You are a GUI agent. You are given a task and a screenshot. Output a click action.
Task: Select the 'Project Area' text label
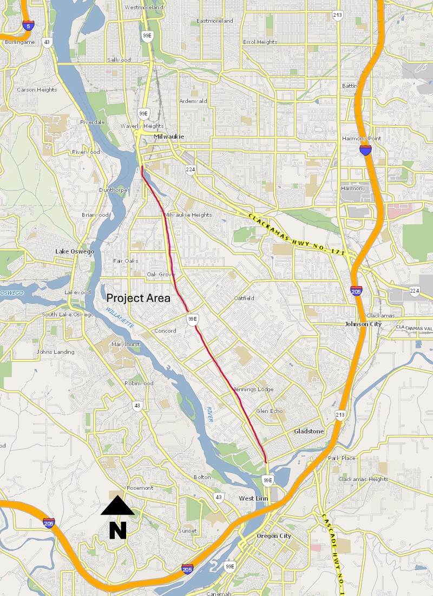coord(138,298)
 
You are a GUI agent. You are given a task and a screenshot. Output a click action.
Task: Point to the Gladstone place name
coord(309,431)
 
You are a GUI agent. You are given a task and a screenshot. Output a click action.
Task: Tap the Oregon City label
coord(273,536)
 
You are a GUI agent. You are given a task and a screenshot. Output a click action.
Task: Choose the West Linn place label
coord(253,498)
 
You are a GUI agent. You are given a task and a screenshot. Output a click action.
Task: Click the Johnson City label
coord(363,324)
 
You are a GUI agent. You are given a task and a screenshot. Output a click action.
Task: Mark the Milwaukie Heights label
coord(188,215)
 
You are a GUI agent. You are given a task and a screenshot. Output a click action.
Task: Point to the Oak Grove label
coord(159,274)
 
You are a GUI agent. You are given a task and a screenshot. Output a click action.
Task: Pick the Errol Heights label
coord(260,42)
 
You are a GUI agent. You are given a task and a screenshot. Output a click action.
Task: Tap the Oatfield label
coord(244,298)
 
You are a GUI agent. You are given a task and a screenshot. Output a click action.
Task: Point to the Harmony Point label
coord(362,138)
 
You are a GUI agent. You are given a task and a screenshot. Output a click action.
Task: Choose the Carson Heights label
coord(37,89)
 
